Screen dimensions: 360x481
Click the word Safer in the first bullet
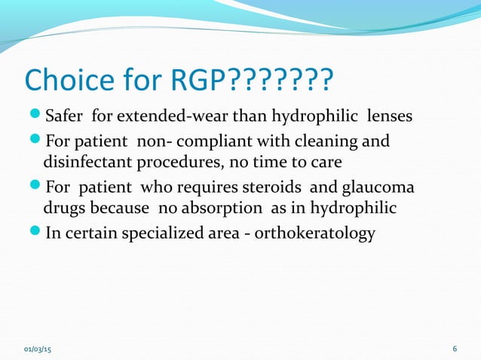pyautogui.click(x=66, y=117)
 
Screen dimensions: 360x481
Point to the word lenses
pyautogui.click(x=389, y=117)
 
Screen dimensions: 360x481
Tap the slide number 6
pyautogui.click(x=455, y=349)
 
